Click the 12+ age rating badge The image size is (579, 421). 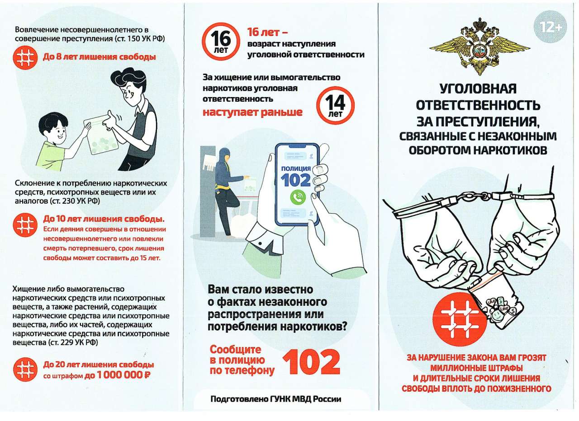click(551, 27)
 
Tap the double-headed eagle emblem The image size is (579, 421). click(480, 47)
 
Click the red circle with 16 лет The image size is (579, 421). click(221, 42)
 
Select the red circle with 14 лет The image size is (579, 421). click(335, 105)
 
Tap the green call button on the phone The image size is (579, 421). click(298, 197)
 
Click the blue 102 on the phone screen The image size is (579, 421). click(296, 180)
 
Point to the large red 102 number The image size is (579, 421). click(311, 362)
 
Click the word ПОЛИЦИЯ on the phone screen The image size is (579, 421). click(296, 168)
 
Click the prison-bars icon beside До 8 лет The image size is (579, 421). click(24, 57)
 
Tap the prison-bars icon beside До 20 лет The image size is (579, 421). click(25, 370)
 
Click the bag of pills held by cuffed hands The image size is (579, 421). click(496, 302)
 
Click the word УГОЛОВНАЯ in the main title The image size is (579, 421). click(478, 89)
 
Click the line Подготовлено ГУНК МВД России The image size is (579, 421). click(276, 399)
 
